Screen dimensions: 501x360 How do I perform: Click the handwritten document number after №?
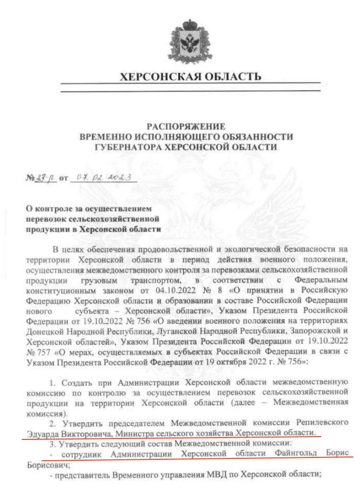[47, 178]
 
